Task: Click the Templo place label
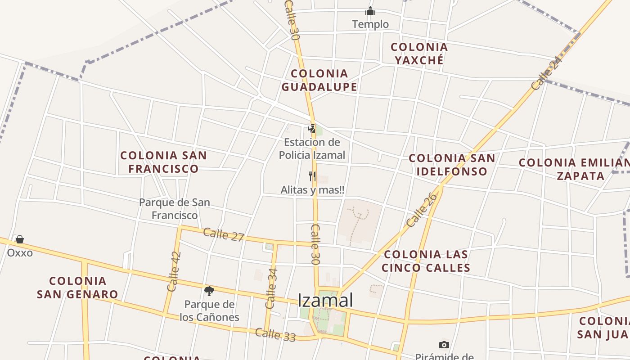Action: (x=370, y=24)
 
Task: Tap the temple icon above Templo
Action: (x=370, y=11)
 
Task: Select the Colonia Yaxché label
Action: (x=419, y=54)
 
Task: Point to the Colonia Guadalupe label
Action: (x=319, y=80)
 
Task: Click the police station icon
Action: (x=311, y=129)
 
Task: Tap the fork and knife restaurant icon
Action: (x=312, y=176)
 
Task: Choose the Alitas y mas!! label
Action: (x=312, y=190)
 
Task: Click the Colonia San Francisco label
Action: (x=163, y=162)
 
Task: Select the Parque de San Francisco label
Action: (x=175, y=209)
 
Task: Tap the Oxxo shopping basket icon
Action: (x=19, y=239)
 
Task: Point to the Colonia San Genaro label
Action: (x=77, y=288)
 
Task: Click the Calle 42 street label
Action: (x=174, y=271)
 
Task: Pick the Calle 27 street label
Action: (x=223, y=234)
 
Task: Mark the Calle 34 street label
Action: (x=271, y=288)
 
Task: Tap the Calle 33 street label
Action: (x=275, y=334)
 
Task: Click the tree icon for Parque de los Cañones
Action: (x=209, y=291)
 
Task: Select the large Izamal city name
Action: (x=325, y=300)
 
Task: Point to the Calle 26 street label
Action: (x=422, y=210)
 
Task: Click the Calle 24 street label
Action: (x=546, y=73)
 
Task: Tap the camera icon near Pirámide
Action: (x=444, y=345)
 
